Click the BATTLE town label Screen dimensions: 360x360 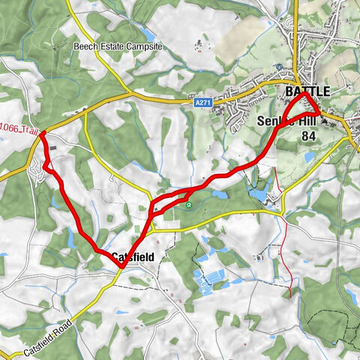point(307,91)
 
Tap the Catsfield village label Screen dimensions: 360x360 point(133,257)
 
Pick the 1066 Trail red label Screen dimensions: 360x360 point(19,130)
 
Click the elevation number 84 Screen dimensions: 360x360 point(307,136)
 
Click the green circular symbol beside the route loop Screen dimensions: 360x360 point(188,205)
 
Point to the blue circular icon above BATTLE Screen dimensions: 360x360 point(279,66)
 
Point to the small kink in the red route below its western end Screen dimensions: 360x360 point(46,163)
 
